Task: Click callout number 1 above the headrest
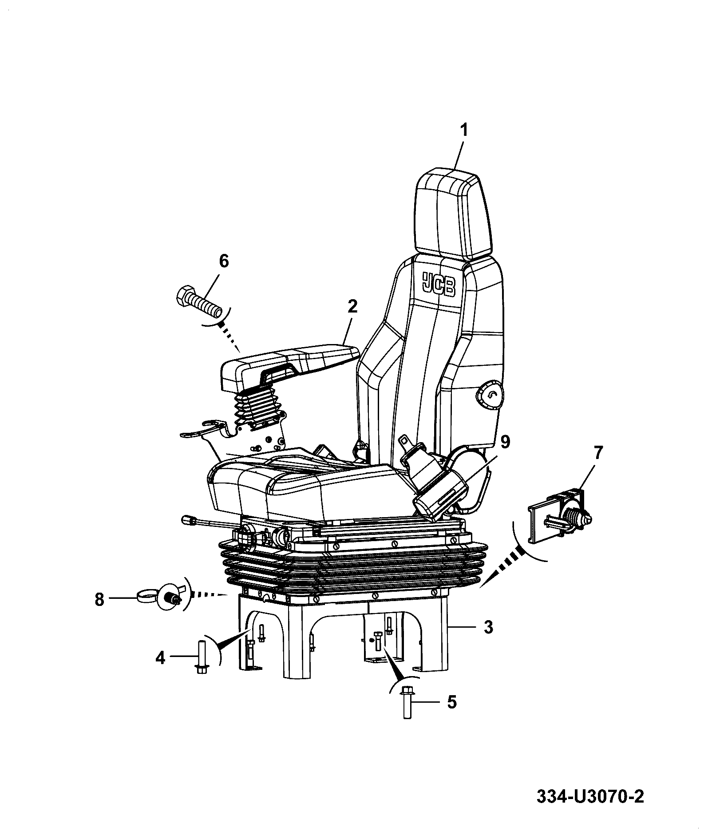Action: (x=463, y=131)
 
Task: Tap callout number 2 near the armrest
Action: (x=352, y=306)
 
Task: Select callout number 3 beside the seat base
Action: (x=488, y=627)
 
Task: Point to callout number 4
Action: (x=160, y=657)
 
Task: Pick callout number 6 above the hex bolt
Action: (x=224, y=261)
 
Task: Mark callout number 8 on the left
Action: (x=99, y=600)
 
